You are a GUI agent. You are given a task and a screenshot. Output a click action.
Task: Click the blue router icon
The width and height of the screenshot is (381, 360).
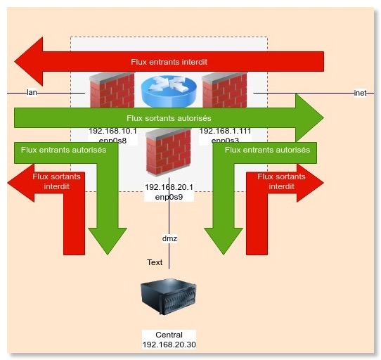tap(168, 91)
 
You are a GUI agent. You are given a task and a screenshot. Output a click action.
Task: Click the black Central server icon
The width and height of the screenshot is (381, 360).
tap(169, 298)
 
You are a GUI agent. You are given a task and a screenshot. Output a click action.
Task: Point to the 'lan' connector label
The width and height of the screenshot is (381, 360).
tap(31, 92)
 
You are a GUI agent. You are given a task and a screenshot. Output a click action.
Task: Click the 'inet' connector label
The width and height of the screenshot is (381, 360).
tap(361, 92)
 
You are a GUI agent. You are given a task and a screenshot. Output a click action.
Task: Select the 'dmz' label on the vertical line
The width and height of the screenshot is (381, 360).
tap(169, 238)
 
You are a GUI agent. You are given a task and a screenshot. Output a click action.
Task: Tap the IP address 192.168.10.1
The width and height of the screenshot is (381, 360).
tap(112, 131)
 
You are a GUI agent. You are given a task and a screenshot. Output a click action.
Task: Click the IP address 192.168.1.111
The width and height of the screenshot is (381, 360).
tap(225, 131)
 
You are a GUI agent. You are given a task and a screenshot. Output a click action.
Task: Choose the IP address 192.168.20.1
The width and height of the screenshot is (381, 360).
tap(169, 187)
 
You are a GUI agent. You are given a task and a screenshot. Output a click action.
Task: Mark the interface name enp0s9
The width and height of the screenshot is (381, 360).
tap(169, 198)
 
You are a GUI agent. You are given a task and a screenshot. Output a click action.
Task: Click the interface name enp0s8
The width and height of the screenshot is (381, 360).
tap(112, 141)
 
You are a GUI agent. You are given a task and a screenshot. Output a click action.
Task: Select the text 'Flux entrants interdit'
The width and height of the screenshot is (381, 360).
tap(169, 62)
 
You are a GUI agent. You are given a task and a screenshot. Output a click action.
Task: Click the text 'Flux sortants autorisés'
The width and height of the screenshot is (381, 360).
tap(169, 118)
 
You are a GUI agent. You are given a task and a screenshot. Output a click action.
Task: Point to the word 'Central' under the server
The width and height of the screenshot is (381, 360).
tap(169, 335)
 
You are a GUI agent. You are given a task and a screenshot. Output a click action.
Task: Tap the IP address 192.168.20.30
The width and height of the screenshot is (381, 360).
tap(169, 345)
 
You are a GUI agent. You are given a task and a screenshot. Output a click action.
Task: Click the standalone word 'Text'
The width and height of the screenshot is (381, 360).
tap(155, 262)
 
